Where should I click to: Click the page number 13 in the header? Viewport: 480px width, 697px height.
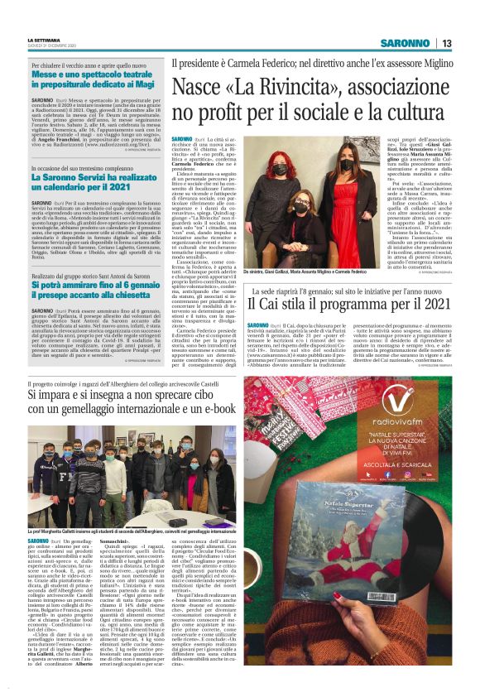coord(446,44)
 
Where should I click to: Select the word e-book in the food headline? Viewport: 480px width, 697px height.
coord(208,408)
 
